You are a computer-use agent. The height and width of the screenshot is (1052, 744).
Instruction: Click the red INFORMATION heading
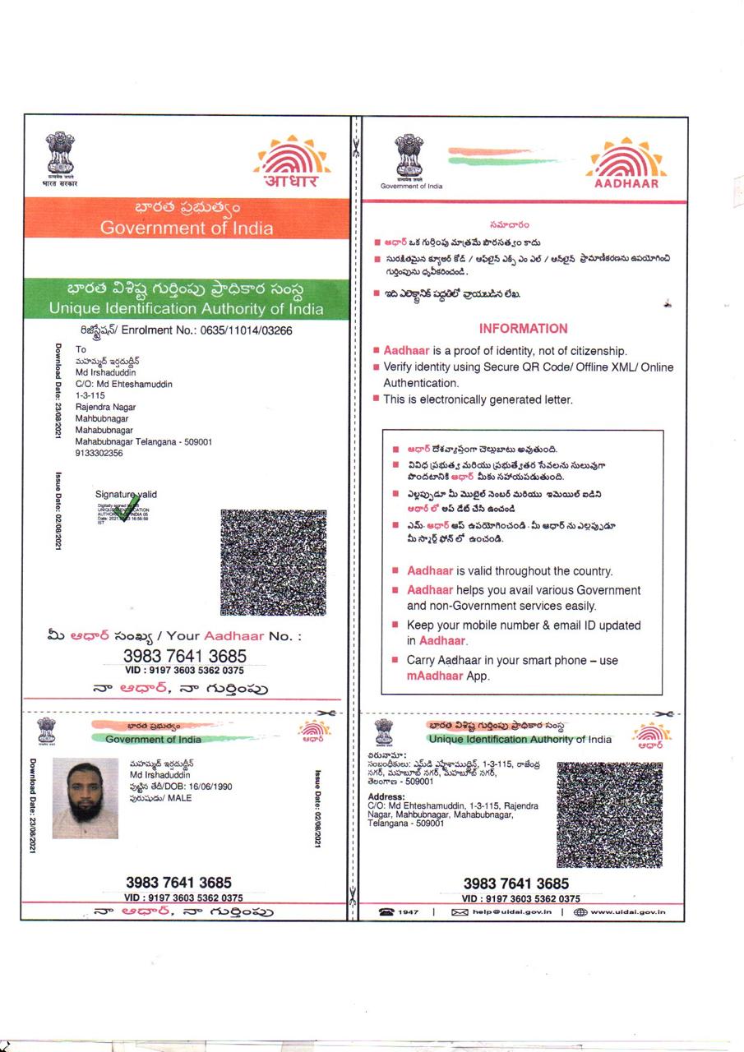pyautogui.click(x=523, y=329)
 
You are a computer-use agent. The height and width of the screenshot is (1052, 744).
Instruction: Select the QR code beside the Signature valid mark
pyautogui.click(x=273, y=562)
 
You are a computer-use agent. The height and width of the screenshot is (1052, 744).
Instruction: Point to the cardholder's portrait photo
pyautogui.click(x=85, y=798)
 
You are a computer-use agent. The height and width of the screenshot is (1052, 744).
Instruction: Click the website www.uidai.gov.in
pyautogui.click(x=627, y=911)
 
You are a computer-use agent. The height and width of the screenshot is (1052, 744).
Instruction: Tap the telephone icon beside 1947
pyautogui.click(x=386, y=911)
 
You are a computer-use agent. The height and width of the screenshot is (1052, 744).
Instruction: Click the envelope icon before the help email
pyautogui.click(x=460, y=911)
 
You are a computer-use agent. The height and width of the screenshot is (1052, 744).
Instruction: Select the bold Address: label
pyautogui.click(x=386, y=796)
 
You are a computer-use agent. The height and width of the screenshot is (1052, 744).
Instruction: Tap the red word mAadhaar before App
pyautogui.click(x=436, y=676)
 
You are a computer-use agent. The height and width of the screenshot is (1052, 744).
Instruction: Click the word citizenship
pyautogui.click(x=597, y=351)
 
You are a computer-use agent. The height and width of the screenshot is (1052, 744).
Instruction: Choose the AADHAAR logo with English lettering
pyautogui.click(x=626, y=164)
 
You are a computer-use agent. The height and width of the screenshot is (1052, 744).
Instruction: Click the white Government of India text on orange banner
pyautogui.click(x=187, y=228)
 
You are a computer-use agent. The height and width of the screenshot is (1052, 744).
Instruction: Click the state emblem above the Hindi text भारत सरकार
pyautogui.click(x=58, y=154)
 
